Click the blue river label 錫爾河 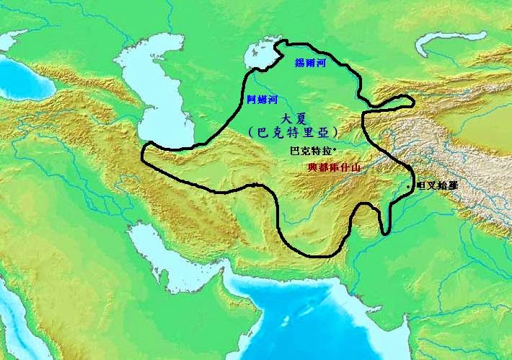pos(311,63)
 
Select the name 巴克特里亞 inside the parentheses pos(294,133)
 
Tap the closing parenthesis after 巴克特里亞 pos(338,133)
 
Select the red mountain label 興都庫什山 pos(334,167)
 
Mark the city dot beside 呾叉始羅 pos(410,187)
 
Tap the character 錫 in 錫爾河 pos(300,63)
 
